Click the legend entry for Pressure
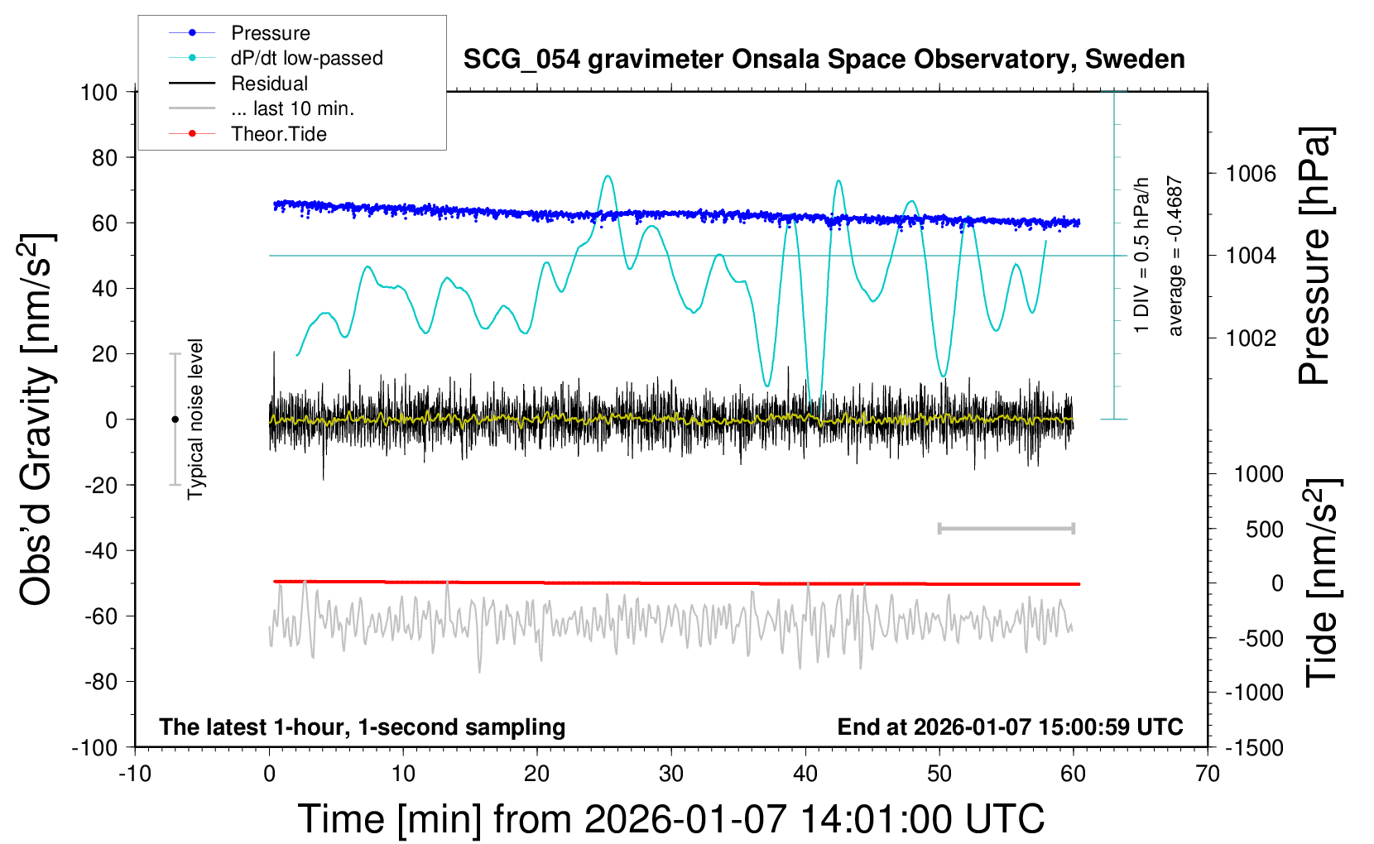click(x=270, y=33)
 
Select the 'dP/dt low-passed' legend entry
click(x=306, y=58)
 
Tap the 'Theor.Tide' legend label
click(x=278, y=134)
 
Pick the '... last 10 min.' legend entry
click(x=292, y=108)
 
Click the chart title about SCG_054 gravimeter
click(x=824, y=60)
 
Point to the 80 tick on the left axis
click(x=104, y=157)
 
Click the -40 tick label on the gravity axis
click(x=101, y=550)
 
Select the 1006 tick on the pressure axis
click(x=1251, y=174)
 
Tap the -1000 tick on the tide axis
click(x=1254, y=693)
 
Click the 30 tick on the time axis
click(x=671, y=774)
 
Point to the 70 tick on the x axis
click(x=1208, y=774)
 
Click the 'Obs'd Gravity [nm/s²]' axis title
click(x=37, y=420)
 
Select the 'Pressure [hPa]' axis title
click(x=1315, y=257)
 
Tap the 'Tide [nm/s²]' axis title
click(x=1323, y=583)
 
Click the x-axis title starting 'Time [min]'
click(x=670, y=819)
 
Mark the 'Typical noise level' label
click(x=195, y=419)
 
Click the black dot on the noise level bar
click(x=175, y=420)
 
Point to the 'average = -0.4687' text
click(x=1175, y=257)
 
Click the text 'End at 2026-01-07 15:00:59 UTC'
click(x=1010, y=727)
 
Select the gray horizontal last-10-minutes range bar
click(x=1006, y=528)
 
